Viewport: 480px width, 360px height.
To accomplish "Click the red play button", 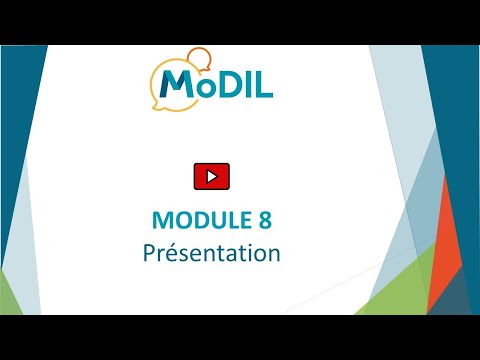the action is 212,176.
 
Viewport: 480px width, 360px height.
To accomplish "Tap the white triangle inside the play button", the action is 212,176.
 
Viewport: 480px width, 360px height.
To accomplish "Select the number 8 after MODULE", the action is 265,220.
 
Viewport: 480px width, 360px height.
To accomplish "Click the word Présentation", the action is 212,253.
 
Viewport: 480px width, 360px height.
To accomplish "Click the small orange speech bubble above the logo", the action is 200,59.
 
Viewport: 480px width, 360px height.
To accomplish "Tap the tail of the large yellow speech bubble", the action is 156,106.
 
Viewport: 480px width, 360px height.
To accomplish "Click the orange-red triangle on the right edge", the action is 443,247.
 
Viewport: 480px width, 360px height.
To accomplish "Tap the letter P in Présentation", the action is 149,253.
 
